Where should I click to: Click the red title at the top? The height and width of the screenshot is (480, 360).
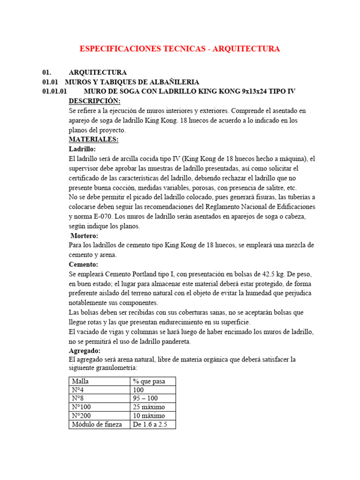[180, 49]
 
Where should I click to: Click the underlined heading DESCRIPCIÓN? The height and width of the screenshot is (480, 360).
[94, 101]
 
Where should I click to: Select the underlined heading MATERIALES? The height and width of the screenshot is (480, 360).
[93, 140]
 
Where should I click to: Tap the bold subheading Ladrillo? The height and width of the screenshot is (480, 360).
[82, 149]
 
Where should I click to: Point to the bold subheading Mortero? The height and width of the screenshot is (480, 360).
[84, 236]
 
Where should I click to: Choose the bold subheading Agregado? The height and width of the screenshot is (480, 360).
[84, 351]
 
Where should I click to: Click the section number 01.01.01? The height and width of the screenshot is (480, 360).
[55, 91]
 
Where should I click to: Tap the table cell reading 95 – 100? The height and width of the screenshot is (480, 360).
[146, 398]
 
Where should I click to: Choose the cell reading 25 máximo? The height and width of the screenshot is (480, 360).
[149, 407]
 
